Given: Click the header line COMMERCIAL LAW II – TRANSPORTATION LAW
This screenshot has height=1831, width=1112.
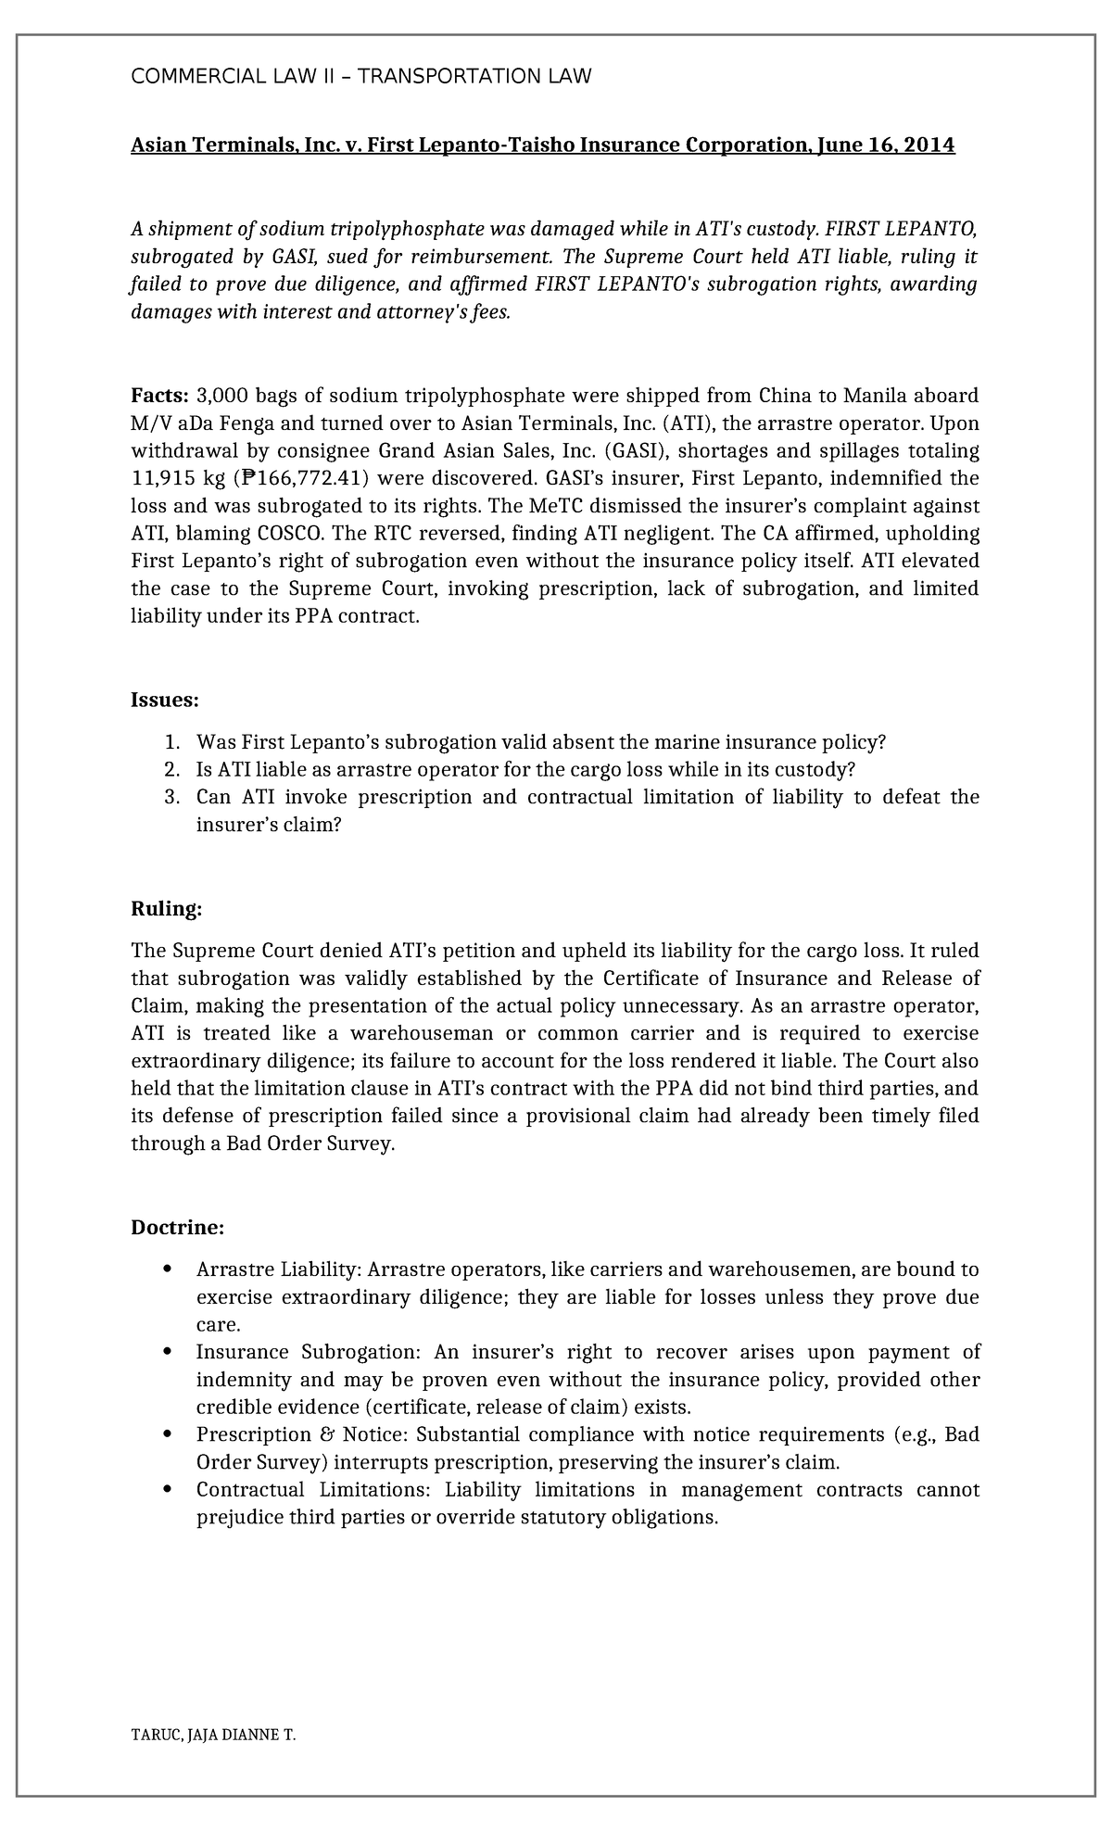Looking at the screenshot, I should [x=360, y=77].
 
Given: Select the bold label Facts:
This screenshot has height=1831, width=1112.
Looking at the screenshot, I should [x=159, y=396].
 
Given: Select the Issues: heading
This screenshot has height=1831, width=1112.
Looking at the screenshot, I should [x=164, y=700].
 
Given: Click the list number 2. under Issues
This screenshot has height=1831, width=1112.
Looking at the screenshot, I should [x=171, y=769].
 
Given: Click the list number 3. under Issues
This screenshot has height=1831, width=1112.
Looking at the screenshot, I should [x=171, y=797].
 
